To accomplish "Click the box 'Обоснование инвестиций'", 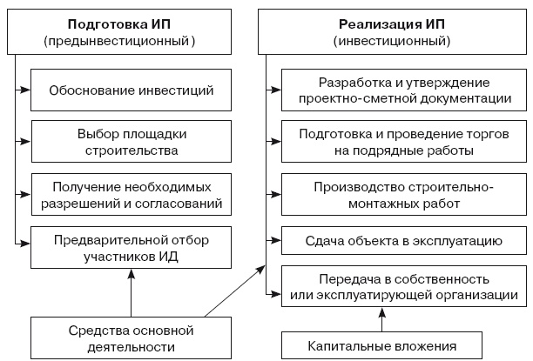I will [131, 90].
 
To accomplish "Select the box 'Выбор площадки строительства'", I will [131, 143].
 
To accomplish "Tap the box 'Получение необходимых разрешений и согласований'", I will [131, 195].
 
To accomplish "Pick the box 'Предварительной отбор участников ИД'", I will [131, 246].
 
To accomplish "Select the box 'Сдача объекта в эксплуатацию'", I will [401, 239].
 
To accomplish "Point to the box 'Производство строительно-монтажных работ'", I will [401, 195].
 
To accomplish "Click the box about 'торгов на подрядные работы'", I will [401, 143].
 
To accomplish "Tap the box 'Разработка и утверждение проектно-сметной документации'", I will [401, 90].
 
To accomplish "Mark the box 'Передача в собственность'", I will [401, 287].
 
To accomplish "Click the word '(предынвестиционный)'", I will [119, 40].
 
